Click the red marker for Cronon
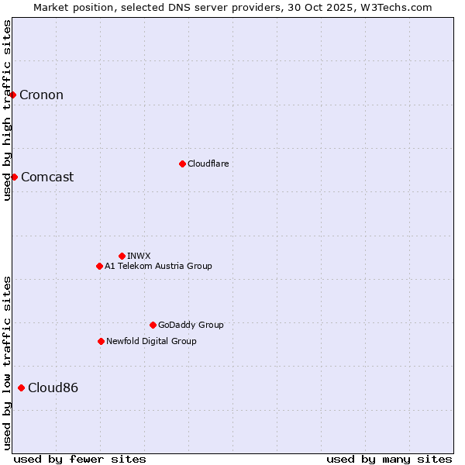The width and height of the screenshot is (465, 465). click(13, 95)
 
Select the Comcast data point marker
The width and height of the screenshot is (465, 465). click(14, 177)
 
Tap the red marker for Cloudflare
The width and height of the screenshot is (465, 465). click(182, 164)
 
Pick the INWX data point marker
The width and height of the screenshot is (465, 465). click(122, 256)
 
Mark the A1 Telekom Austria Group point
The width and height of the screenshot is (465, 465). click(99, 266)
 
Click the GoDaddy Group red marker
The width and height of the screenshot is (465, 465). click(153, 325)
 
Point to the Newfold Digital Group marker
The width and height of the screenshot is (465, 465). click(101, 341)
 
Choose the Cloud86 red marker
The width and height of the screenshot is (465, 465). click(21, 387)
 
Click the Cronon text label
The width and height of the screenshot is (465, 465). click(41, 95)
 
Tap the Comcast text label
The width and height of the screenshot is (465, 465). click(47, 177)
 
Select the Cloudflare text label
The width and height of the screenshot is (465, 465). click(208, 164)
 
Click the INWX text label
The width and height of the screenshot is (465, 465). click(139, 256)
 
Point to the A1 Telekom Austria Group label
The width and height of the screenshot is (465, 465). click(158, 266)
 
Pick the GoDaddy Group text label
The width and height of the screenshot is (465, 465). click(191, 325)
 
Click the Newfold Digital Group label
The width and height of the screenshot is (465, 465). click(151, 341)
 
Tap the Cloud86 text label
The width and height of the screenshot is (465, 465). click(53, 387)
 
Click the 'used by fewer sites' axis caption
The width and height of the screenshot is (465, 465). click(80, 459)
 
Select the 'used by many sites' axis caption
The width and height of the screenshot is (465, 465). click(389, 459)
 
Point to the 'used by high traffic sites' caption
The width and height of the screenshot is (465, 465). click(7, 110)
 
